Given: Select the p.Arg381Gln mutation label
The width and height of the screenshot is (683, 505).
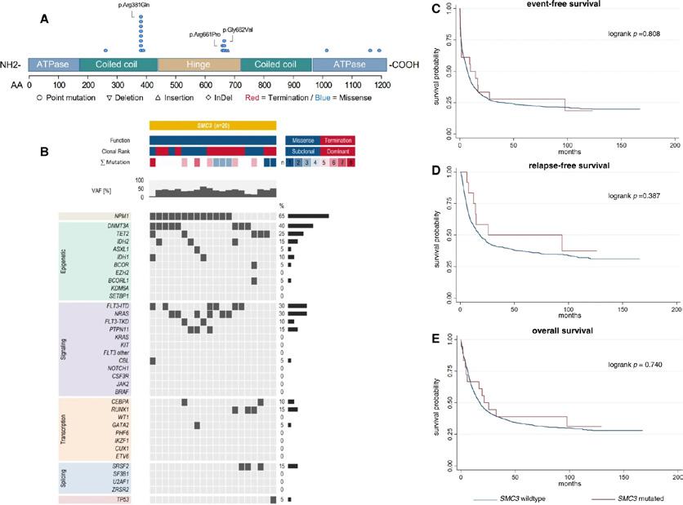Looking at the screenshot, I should click(141, 6).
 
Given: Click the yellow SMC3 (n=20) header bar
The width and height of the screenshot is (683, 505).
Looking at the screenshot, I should click(212, 126).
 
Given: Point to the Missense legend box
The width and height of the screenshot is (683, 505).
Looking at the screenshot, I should click(302, 140).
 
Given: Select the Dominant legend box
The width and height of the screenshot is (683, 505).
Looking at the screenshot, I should click(338, 151).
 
